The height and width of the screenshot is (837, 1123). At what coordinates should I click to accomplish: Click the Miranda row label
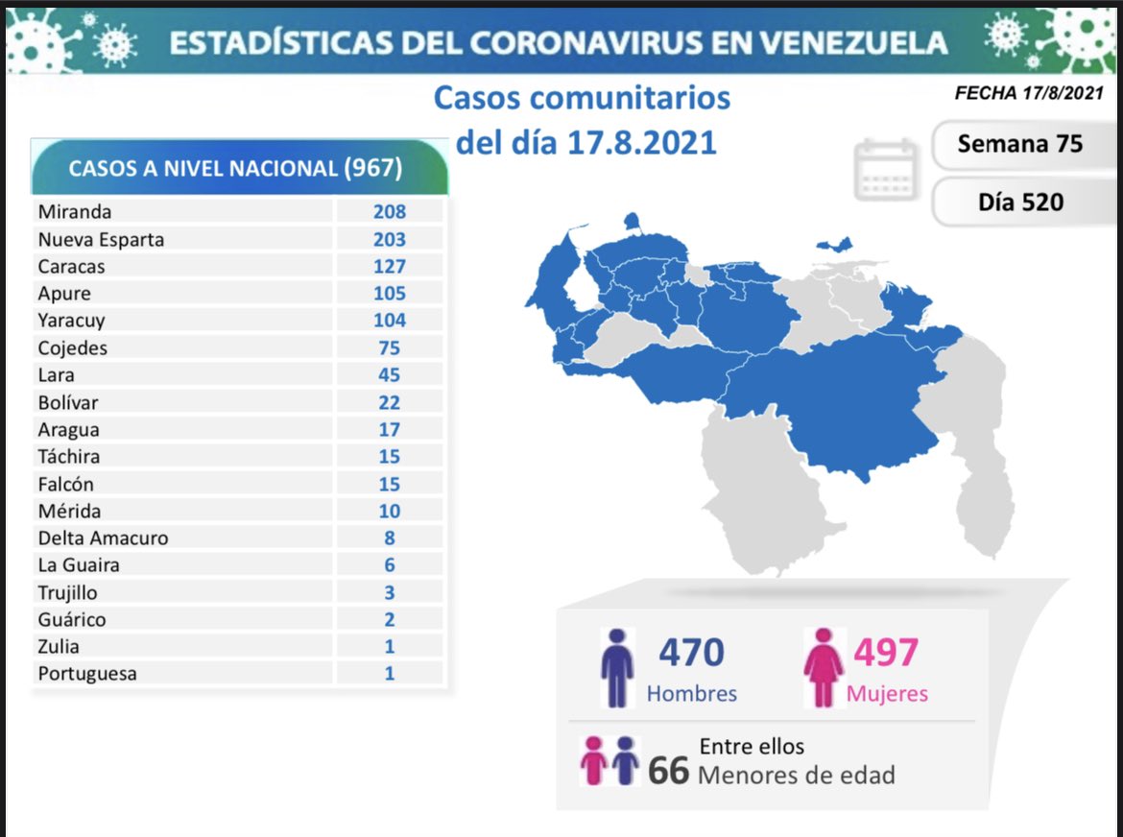click(x=74, y=212)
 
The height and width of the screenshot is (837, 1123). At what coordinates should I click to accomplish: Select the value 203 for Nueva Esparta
click(x=390, y=239)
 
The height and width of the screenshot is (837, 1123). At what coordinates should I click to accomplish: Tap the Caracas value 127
click(x=390, y=266)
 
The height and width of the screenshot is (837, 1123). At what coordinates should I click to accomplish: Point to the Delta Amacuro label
click(x=103, y=538)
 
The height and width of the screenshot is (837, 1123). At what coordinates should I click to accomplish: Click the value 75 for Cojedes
click(x=390, y=347)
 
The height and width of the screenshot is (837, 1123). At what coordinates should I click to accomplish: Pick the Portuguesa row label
click(x=87, y=673)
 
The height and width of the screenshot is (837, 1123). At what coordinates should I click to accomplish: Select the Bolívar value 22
click(x=390, y=402)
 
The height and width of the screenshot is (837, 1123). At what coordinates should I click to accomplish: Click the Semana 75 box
click(x=1019, y=144)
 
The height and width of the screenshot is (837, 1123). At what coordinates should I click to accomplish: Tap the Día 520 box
click(x=1020, y=202)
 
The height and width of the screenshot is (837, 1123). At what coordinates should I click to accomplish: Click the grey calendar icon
click(x=886, y=169)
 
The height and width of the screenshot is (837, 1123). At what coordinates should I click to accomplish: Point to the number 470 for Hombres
click(x=691, y=653)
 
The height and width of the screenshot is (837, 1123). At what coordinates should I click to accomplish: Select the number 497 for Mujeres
click(x=886, y=653)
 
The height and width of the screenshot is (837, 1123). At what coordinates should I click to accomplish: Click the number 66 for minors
click(x=668, y=770)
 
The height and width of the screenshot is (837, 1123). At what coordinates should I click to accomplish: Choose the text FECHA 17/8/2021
click(x=1029, y=94)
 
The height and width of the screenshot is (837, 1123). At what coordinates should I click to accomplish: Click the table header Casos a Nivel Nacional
click(x=235, y=168)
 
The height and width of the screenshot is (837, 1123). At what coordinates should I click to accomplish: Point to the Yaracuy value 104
click(x=390, y=321)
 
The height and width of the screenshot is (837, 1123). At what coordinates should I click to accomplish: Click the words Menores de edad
click(x=796, y=775)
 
